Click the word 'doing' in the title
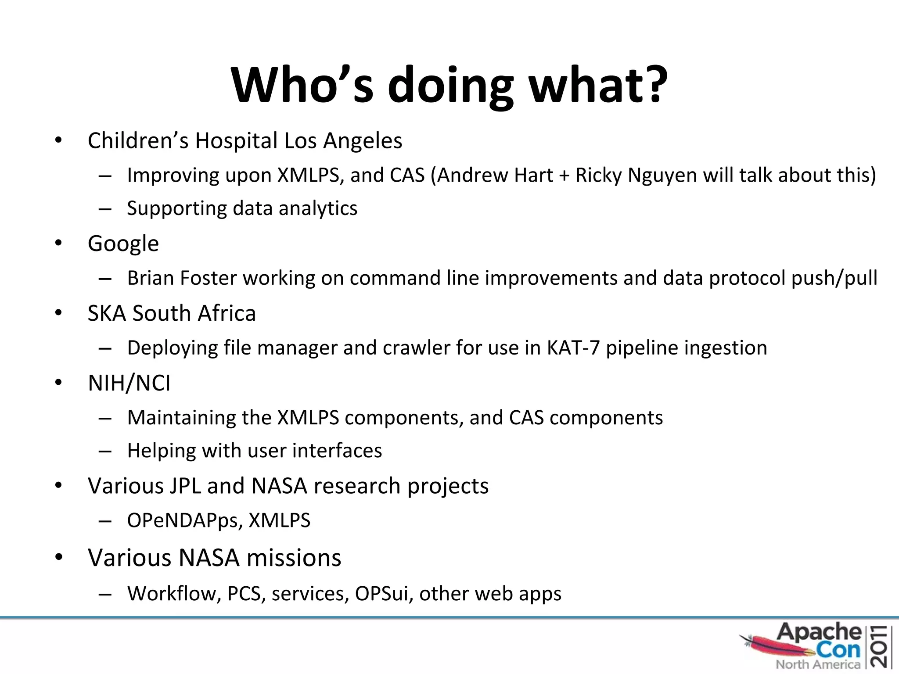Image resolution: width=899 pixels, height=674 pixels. point(450,86)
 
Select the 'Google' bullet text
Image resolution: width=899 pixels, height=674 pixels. point(123,244)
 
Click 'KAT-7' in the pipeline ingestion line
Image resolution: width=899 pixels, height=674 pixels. point(573,348)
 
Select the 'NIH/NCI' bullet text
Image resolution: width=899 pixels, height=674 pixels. point(129,383)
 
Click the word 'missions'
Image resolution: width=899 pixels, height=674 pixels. point(294,558)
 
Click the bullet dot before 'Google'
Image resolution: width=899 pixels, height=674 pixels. point(58,243)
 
